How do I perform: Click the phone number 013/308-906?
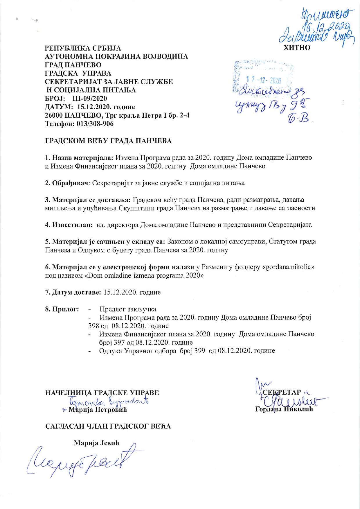tap(95, 124)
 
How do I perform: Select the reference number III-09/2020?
tap(91, 98)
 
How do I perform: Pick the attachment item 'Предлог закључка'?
tap(128, 309)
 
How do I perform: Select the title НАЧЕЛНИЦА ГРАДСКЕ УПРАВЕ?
tap(102, 393)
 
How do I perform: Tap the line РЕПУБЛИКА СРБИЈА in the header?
tap(83, 48)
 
